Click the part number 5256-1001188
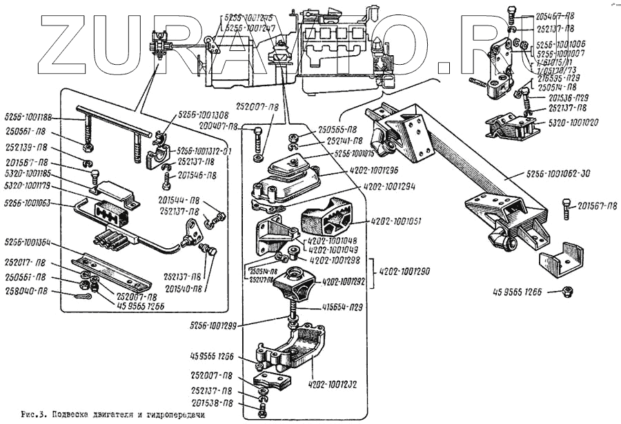[x=28, y=116]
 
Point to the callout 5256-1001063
[x=28, y=203]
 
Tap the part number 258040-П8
[x=25, y=290]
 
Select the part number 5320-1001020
[x=573, y=122]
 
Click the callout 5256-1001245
[x=248, y=19]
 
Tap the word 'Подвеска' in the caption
[x=75, y=415]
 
